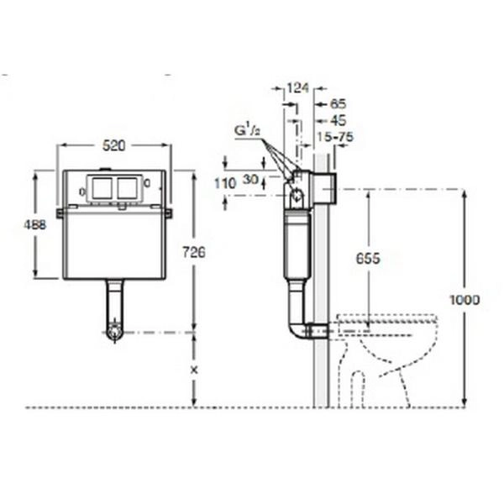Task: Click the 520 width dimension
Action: [113, 146]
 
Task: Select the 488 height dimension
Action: [35, 224]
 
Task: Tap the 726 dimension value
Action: [194, 252]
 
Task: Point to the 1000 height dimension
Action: [465, 300]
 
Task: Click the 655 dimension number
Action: [368, 258]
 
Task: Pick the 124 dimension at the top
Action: [297, 87]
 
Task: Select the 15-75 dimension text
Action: [335, 137]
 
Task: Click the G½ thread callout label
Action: [247, 131]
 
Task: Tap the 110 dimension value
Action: [225, 184]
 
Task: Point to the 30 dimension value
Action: [250, 180]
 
